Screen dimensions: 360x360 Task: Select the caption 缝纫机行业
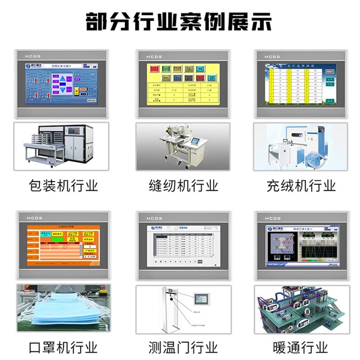click(183, 185)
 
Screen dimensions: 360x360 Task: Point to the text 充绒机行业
click(301, 185)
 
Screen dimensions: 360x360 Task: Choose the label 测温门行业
click(183, 347)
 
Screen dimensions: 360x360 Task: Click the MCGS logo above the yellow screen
click(153, 57)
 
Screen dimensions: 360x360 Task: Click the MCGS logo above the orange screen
click(34, 218)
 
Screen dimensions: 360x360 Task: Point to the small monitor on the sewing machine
click(197, 141)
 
